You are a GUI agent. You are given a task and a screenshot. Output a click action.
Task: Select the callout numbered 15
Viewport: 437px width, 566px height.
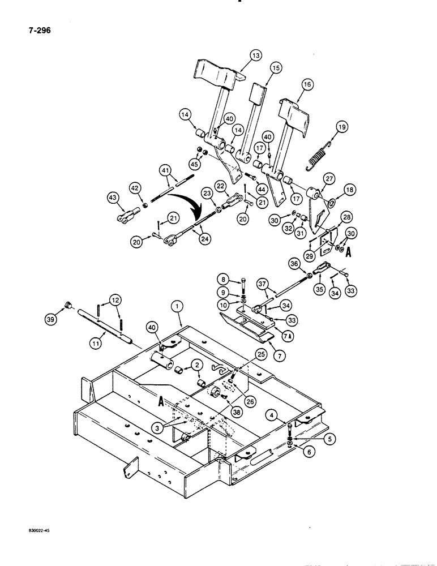tap(276, 68)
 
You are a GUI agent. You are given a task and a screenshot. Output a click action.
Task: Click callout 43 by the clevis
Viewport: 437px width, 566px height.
tap(115, 198)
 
